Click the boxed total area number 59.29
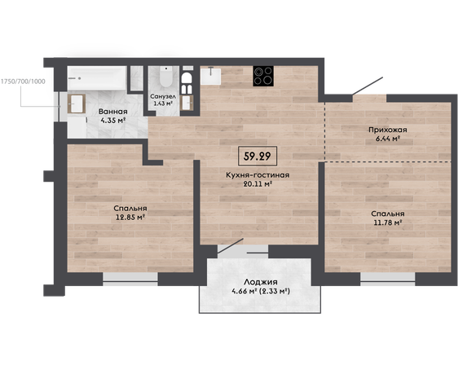click(x=257, y=156)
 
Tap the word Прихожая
click(x=388, y=130)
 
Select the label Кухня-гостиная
click(x=258, y=175)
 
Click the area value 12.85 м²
click(x=130, y=218)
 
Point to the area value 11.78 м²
click(x=388, y=222)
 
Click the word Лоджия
click(x=261, y=282)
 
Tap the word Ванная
click(x=112, y=112)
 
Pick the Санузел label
click(x=163, y=96)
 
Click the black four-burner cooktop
click(x=263, y=76)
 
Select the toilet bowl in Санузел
click(x=166, y=77)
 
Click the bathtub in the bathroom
click(x=97, y=78)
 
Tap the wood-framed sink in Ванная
click(x=77, y=104)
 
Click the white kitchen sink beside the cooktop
click(x=210, y=76)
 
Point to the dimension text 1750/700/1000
click(x=23, y=81)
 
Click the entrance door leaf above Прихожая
click(x=368, y=86)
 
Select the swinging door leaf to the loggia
click(x=231, y=246)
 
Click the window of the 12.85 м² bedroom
click(x=130, y=280)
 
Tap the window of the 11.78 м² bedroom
click(x=388, y=280)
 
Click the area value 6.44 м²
click(x=388, y=139)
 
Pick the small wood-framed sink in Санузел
click(x=187, y=103)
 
